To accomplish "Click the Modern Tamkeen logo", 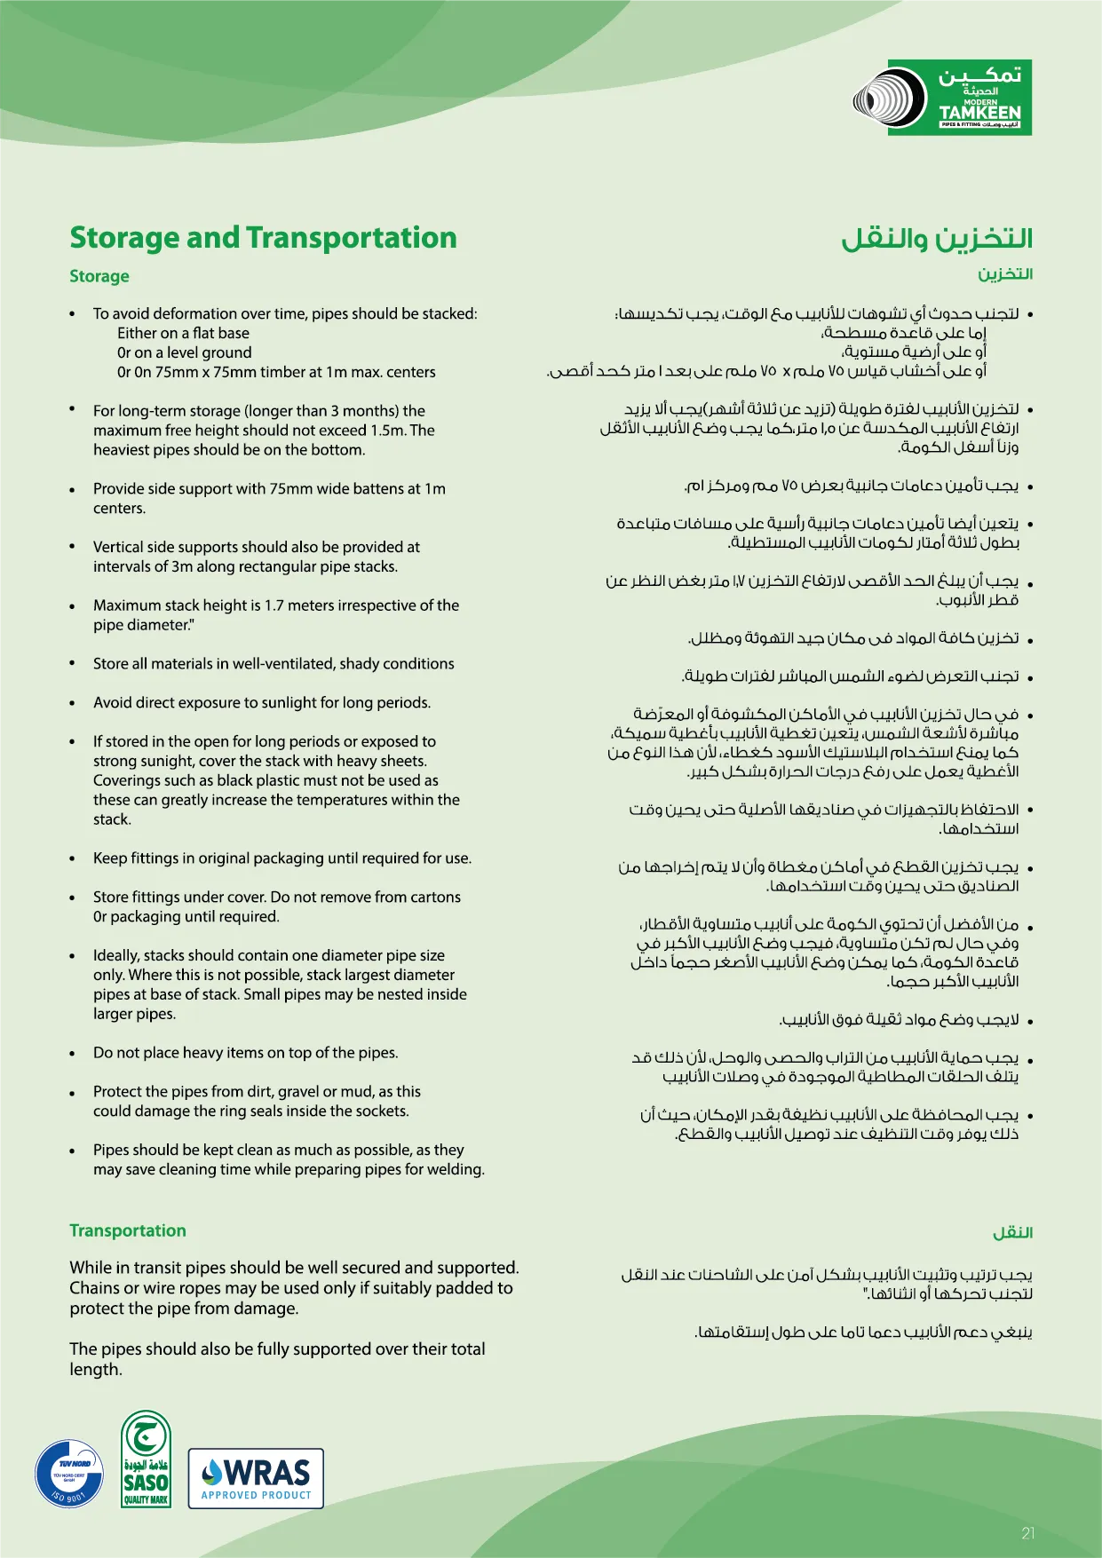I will (x=943, y=98).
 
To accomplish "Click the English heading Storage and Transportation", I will (x=263, y=238).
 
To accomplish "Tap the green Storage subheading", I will (x=99, y=276).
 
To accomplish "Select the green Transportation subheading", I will (x=128, y=1230).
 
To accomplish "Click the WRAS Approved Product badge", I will (x=256, y=1478).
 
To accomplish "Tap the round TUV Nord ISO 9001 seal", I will (x=69, y=1474).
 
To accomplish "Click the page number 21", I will (x=1027, y=1533).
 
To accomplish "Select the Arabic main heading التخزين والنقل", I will (x=937, y=239).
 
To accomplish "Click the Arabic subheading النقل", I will (x=1012, y=1233).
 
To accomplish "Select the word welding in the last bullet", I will (x=458, y=1169).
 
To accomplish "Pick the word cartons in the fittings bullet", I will (x=435, y=898).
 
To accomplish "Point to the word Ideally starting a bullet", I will (x=115, y=956).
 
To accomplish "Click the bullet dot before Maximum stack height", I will (x=72, y=606).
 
